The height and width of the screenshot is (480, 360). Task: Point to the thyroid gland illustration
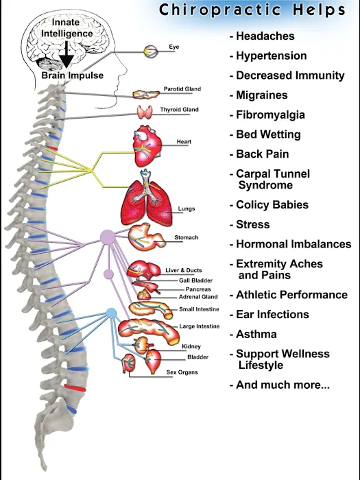tap(145, 113)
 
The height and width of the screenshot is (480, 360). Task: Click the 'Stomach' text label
tap(186, 238)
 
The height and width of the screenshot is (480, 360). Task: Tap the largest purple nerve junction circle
tap(108, 237)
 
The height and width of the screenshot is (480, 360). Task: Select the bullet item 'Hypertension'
tap(267, 56)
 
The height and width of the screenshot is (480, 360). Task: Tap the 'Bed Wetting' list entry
tap(267, 134)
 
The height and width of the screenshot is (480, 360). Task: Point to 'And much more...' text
tap(279, 385)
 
